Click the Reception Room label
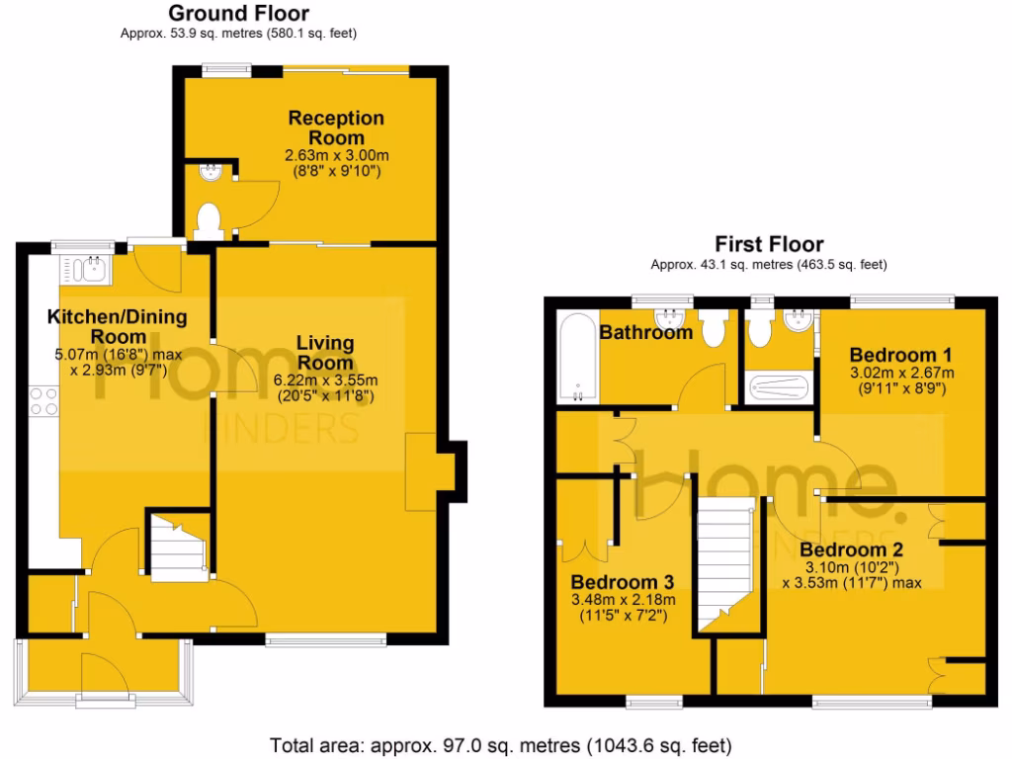pyautogui.click(x=336, y=127)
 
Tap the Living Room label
pyautogui.click(x=326, y=353)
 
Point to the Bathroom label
pyautogui.click(x=646, y=333)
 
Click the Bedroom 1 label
pyautogui.click(x=900, y=355)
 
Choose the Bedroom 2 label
pyautogui.click(x=852, y=549)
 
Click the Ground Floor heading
pyautogui.click(x=238, y=14)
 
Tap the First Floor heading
pyautogui.click(x=769, y=244)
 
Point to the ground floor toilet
pyautogui.click(x=210, y=219)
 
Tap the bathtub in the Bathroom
pyautogui.click(x=575, y=359)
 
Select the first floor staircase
pyautogui.click(x=726, y=563)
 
